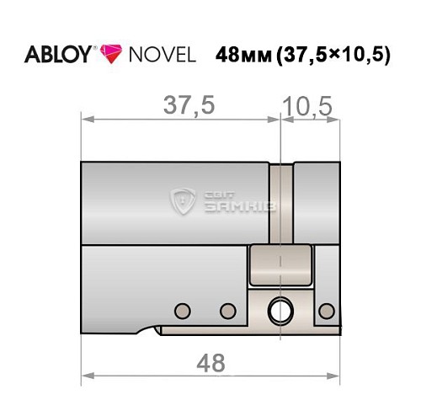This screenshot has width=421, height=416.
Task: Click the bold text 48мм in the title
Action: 243,56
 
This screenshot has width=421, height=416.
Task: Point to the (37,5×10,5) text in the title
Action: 335,56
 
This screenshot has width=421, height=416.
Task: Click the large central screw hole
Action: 280,311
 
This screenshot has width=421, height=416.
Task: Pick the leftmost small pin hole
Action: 179,310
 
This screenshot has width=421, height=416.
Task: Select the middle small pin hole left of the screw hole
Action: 226,310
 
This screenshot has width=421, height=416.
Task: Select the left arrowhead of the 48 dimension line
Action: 85,375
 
